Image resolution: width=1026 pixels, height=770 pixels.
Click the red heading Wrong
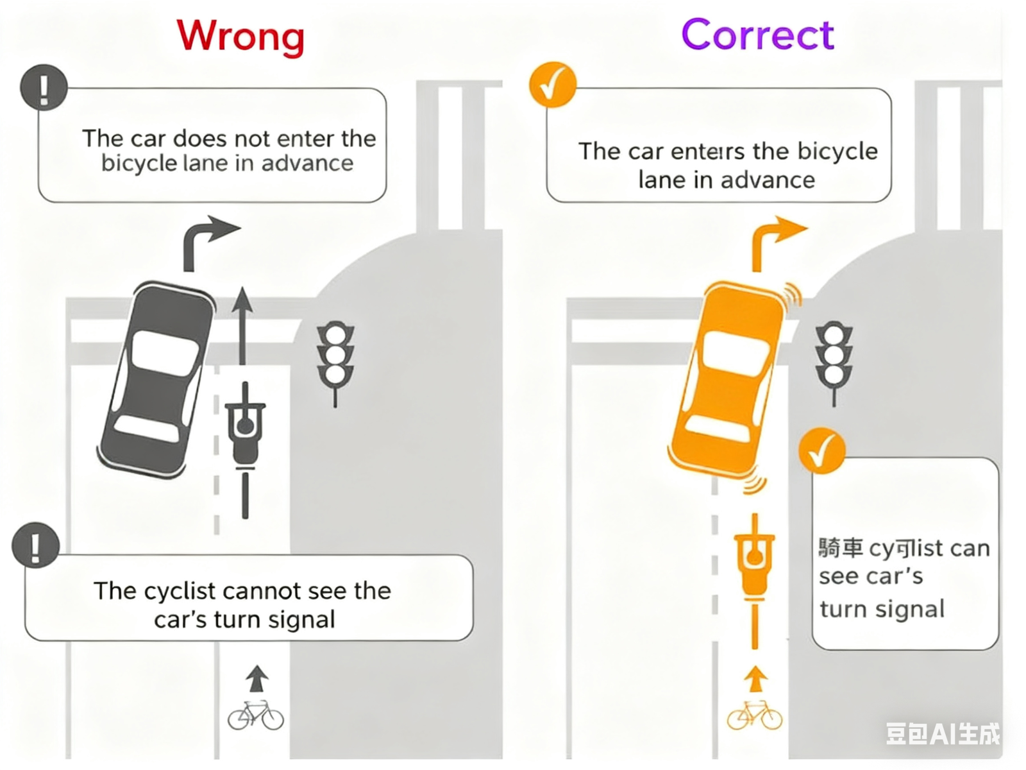click(x=240, y=36)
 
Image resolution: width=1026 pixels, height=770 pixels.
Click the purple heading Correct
click(x=757, y=35)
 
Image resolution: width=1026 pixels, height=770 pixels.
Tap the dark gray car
click(x=156, y=379)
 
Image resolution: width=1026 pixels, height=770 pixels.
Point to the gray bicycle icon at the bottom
click(x=255, y=715)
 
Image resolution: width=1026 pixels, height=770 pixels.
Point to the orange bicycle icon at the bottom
click(x=754, y=715)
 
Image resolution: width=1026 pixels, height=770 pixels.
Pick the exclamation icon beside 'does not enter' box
click(x=44, y=88)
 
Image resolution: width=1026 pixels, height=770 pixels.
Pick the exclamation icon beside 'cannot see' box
click(x=36, y=546)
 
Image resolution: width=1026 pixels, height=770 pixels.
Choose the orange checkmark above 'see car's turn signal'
click(x=821, y=450)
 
